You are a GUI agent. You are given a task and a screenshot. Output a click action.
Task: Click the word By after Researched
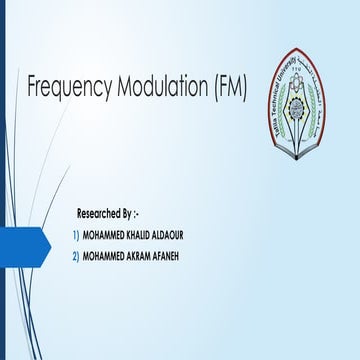tap(141, 214)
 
